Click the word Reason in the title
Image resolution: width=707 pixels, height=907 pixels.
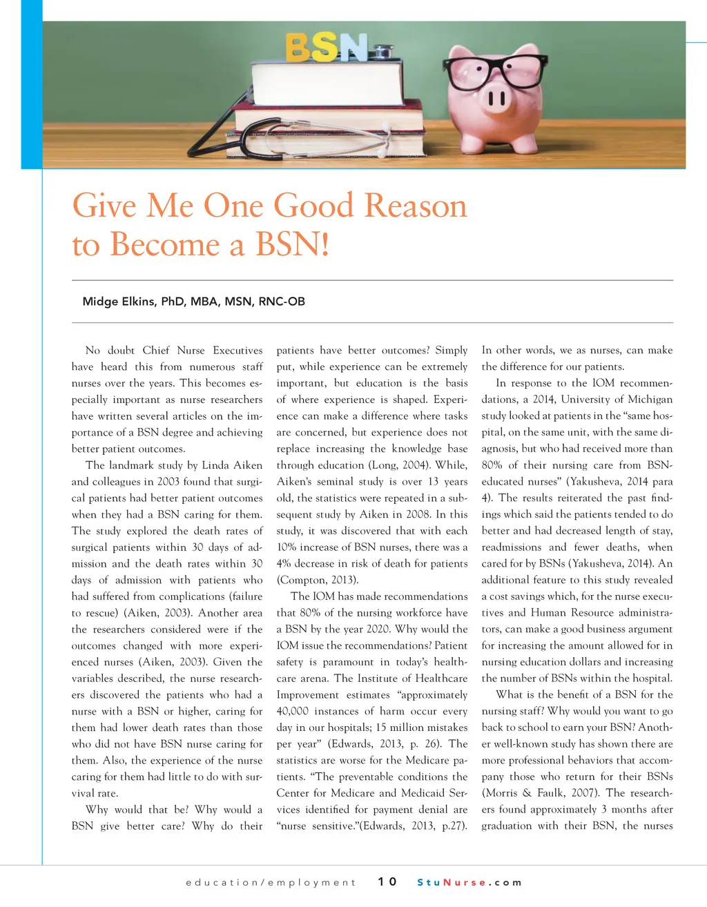click(x=416, y=206)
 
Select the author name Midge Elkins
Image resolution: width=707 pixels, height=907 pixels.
click(x=119, y=301)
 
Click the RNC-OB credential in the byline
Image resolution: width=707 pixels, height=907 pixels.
click(x=282, y=301)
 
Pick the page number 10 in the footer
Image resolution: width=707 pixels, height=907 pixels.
click(x=387, y=881)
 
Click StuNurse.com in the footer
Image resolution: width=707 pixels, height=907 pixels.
click(x=469, y=882)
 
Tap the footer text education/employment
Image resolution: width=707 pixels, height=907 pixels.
click(x=271, y=882)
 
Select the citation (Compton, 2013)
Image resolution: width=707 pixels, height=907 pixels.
click(x=318, y=580)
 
